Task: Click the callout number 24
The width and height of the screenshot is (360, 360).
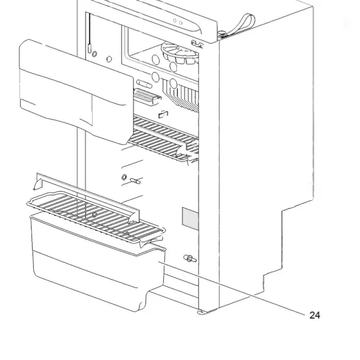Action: click(314, 315)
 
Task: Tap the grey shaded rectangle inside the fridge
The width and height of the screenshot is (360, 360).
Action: click(190, 219)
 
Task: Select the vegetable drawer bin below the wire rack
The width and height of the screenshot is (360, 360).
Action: click(89, 261)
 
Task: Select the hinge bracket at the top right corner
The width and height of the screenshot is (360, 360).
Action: click(222, 34)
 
